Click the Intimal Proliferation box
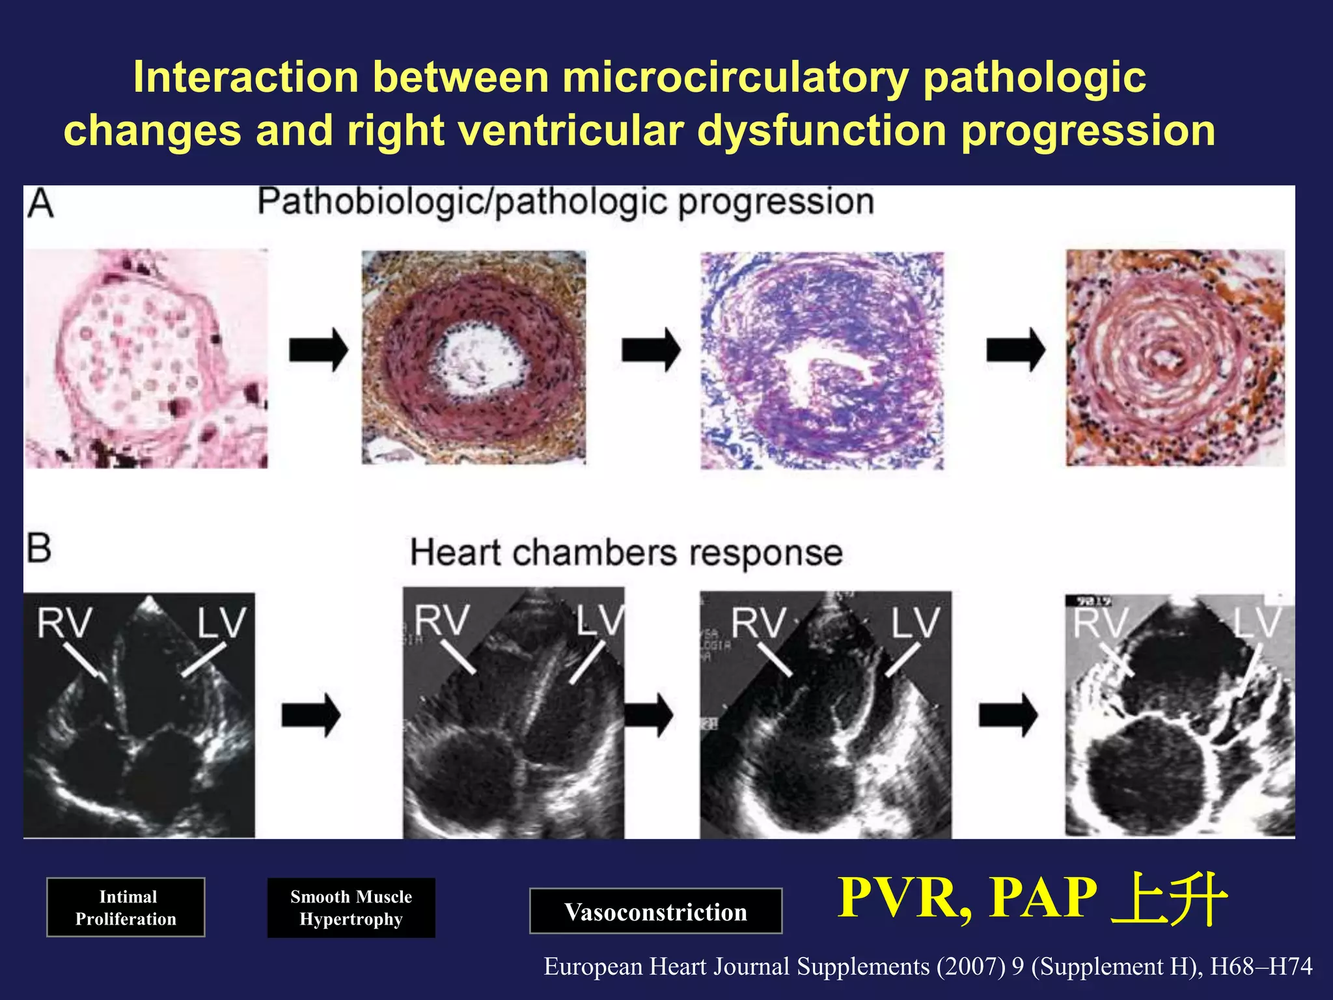click(x=126, y=907)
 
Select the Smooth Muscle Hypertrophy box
click(x=351, y=908)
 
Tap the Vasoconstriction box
click(x=655, y=911)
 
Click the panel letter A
click(x=40, y=203)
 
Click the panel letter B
click(x=39, y=548)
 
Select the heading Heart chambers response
click(x=626, y=553)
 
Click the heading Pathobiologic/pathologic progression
click(x=565, y=202)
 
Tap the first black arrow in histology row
click(x=318, y=350)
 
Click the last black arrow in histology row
click(x=1015, y=350)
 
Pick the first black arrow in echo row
click(x=310, y=715)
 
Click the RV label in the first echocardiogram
click(x=64, y=623)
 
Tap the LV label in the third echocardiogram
click(x=914, y=623)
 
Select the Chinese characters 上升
click(x=1168, y=898)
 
